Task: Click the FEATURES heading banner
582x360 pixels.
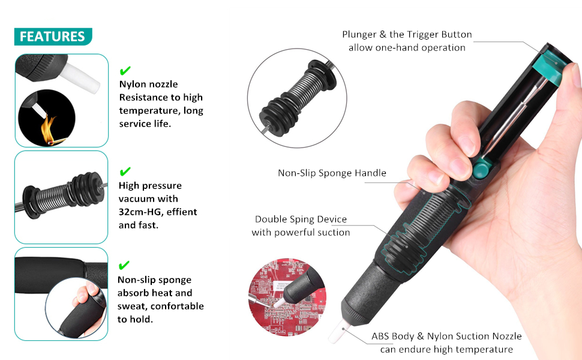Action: tap(53, 37)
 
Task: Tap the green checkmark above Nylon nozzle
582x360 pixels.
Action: tap(125, 70)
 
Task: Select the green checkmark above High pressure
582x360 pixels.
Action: tap(125, 171)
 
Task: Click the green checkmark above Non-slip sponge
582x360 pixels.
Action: tap(124, 265)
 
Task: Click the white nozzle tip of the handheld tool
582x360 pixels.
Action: tap(338, 331)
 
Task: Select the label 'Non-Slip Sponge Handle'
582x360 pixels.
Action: tap(332, 173)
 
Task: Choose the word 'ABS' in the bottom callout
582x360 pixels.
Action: tap(380, 336)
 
